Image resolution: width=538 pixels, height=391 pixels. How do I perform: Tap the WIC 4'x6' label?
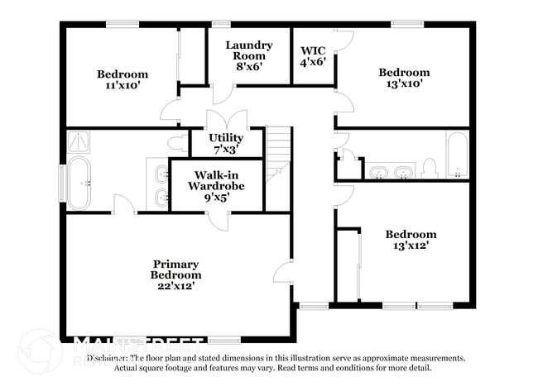(313, 55)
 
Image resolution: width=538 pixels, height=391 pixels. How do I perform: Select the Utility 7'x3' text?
(226, 143)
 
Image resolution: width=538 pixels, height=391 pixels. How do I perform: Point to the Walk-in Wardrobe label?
(216, 185)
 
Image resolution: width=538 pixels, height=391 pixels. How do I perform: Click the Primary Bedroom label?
(175, 275)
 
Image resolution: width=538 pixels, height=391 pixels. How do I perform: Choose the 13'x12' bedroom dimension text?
(411, 246)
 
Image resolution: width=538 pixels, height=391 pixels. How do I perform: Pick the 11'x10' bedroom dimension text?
(122, 84)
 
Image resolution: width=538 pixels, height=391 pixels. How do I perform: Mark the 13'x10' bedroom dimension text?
(404, 83)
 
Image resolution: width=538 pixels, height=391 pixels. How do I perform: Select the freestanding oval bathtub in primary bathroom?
(79, 183)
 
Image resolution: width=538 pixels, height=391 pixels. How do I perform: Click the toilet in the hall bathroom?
(429, 169)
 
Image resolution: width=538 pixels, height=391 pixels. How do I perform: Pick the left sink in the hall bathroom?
(378, 172)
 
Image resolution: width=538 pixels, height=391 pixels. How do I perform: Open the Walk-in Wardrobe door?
(218, 219)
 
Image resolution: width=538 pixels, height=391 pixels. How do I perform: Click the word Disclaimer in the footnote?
(108, 359)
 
